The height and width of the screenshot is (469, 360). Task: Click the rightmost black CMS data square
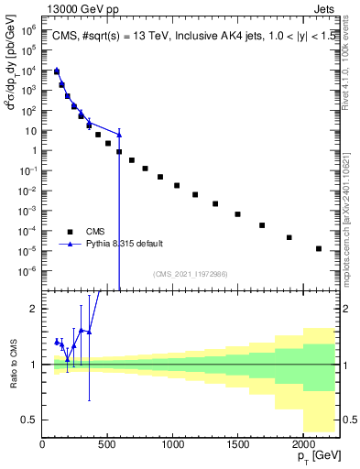(x=319, y=248)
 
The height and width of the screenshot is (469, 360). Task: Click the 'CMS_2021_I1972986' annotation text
(x=191, y=274)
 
